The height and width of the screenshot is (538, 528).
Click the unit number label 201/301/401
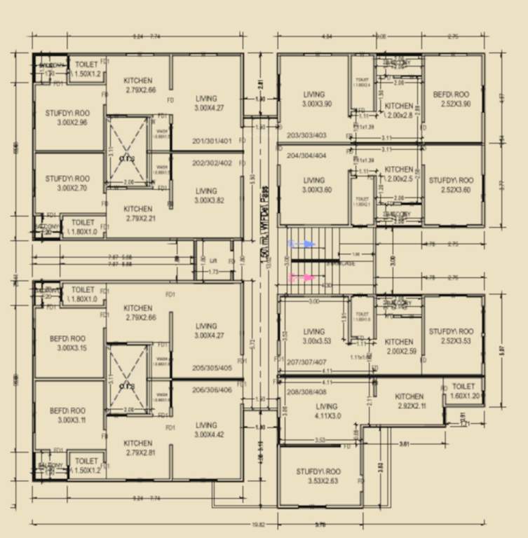click(215, 141)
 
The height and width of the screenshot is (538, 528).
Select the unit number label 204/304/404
click(306, 156)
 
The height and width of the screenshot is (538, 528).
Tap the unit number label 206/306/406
click(215, 390)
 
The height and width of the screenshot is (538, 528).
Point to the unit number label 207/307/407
click(306, 362)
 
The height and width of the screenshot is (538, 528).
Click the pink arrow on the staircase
click(302, 278)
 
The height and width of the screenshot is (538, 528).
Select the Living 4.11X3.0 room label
click(327, 411)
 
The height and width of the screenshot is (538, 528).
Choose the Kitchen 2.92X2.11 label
click(409, 401)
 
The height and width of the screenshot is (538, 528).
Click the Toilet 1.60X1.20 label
click(463, 391)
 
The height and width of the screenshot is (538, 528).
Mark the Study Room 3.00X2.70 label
click(67, 184)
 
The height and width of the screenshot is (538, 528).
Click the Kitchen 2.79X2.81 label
click(138, 448)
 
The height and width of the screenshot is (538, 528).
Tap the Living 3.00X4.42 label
click(206, 429)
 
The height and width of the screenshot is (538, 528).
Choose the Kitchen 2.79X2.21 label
click(138, 213)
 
